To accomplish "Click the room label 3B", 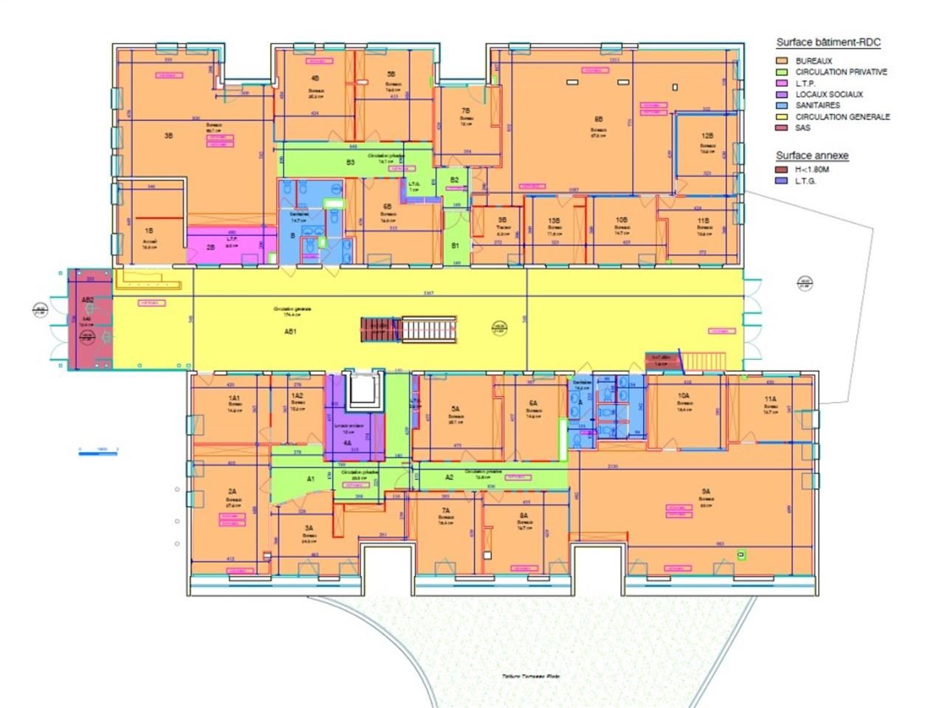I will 169,136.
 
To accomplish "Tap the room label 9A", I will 706,491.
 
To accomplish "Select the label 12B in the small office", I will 707,136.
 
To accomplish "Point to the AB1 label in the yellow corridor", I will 290,332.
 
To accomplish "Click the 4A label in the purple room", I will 347,443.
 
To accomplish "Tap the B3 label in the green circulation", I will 351,162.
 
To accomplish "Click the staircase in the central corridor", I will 428,329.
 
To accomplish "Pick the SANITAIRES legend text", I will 817,105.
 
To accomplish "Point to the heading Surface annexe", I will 811,156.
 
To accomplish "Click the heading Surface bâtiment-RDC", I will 828,43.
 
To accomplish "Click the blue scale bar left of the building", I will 98,453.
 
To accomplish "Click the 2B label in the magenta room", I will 210,248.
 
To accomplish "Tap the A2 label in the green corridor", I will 449,477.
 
